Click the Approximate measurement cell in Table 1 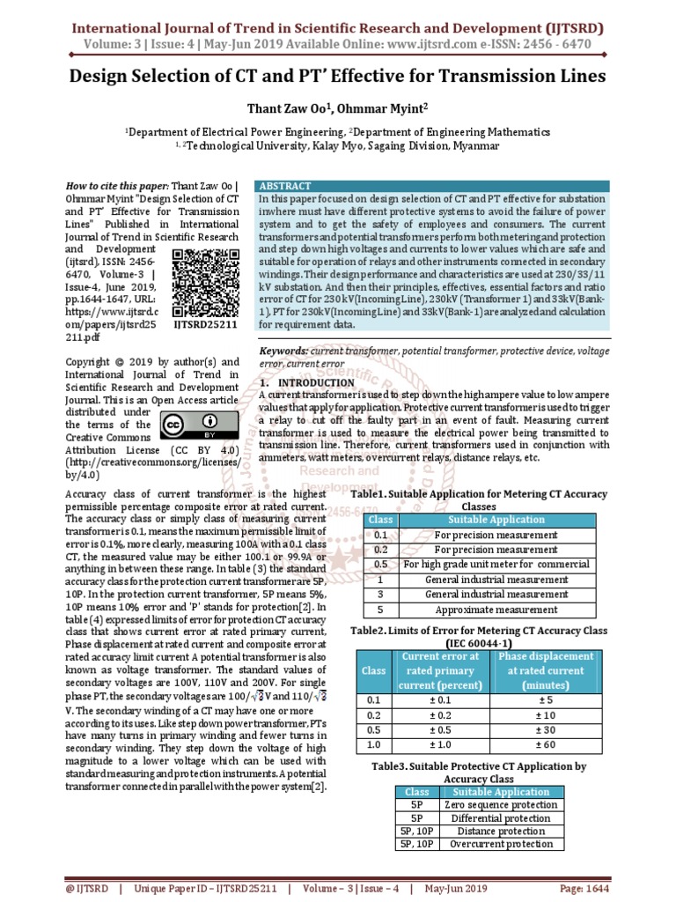tap(496, 610)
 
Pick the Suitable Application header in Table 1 tap(496, 520)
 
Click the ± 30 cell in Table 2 tap(546, 728)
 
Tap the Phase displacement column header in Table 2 tap(546, 670)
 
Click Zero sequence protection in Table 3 tap(500, 805)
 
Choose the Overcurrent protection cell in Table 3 tap(500, 845)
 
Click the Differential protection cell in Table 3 tap(500, 818)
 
